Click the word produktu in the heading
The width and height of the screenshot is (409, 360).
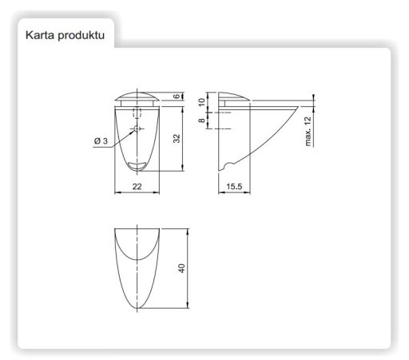[x=81, y=36]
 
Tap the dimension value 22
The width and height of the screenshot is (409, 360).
[x=137, y=187]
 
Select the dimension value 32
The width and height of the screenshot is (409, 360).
[x=177, y=138]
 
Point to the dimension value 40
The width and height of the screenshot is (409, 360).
[x=181, y=268]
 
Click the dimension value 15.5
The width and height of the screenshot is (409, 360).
[x=234, y=187]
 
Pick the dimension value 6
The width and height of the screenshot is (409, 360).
[x=177, y=96]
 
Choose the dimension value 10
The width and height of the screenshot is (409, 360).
[x=202, y=102]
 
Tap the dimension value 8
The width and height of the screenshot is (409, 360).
[x=202, y=121]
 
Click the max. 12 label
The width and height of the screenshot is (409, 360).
[x=308, y=131]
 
